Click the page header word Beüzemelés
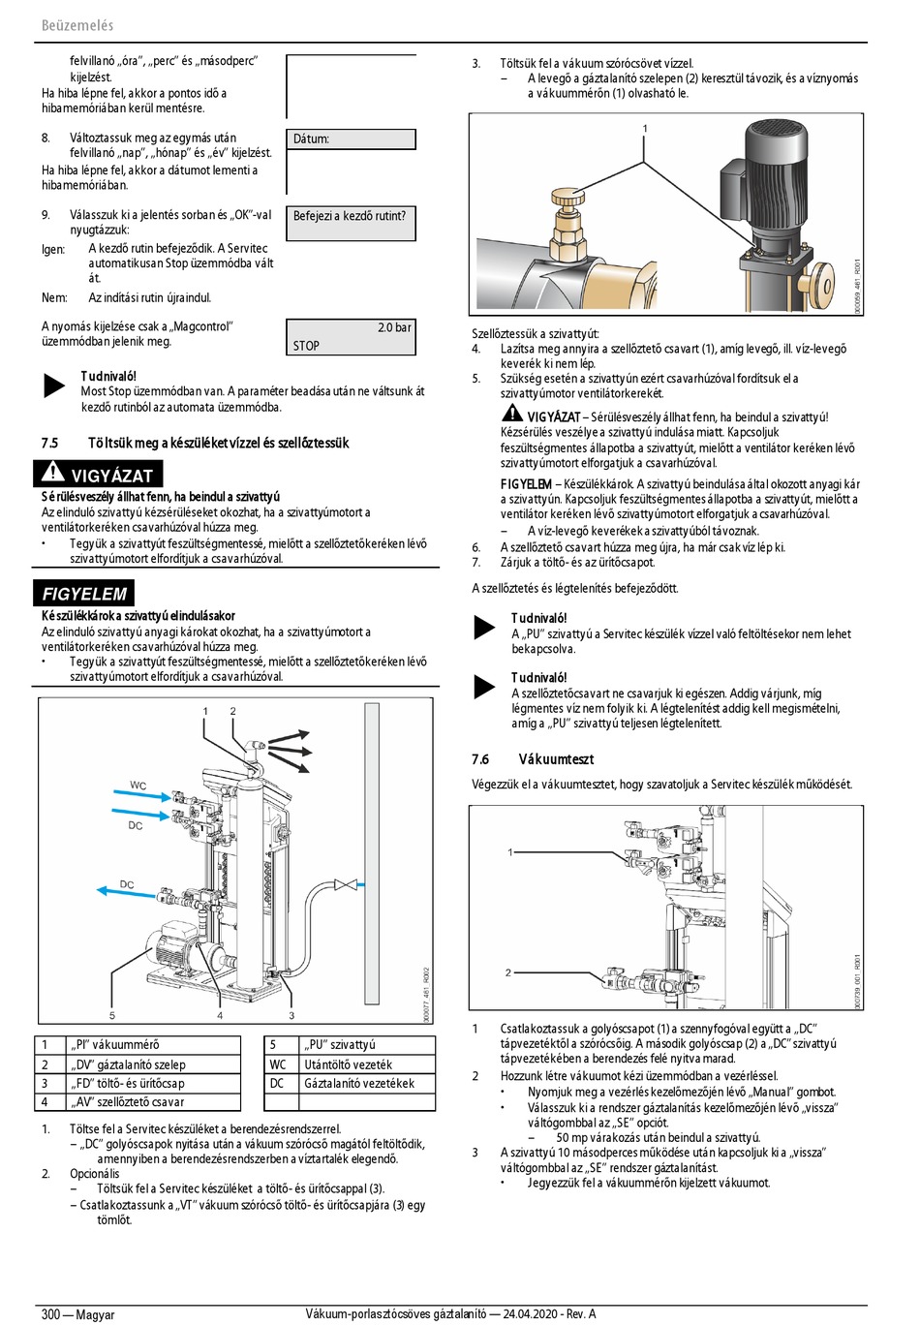pos(77,25)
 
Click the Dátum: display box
pos(351,139)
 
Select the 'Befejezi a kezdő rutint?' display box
pos(351,223)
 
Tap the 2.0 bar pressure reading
pos(394,327)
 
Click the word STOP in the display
pos(306,346)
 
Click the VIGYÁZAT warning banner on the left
pos(98,475)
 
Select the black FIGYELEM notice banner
pos(84,594)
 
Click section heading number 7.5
pos(49,443)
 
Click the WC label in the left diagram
pos(138,786)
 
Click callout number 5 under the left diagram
pos(112,1015)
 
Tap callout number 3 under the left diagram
pos(291,1015)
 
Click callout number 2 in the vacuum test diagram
pos(508,972)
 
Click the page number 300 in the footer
pos(50,1314)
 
